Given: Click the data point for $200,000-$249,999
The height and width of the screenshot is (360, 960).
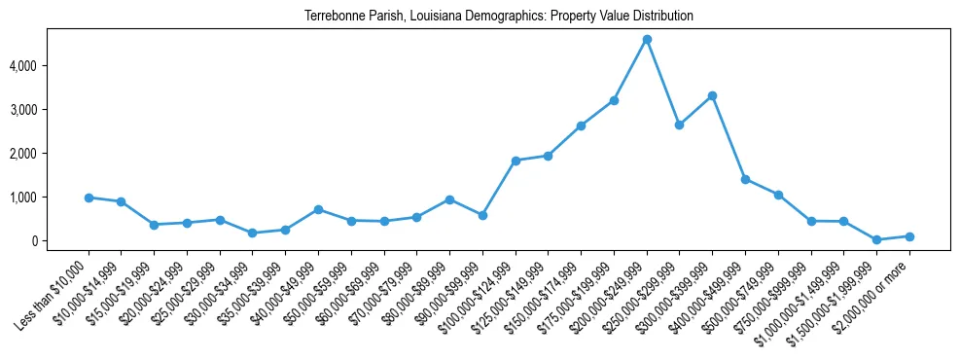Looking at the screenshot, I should (x=647, y=39).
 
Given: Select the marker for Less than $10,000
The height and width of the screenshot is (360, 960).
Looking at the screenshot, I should (x=89, y=198).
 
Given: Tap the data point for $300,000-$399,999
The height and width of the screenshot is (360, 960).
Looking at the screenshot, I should (x=712, y=95).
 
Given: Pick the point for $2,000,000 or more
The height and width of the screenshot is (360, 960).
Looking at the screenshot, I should (x=909, y=236).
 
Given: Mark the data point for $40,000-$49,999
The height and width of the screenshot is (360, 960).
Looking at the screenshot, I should (x=318, y=209).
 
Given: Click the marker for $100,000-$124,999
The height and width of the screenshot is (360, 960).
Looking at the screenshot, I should (x=516, y=161).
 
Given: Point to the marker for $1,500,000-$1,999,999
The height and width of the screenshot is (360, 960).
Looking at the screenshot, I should (x=876, y=239).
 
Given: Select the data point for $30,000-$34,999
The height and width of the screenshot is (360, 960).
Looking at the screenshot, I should (x=253, y=233).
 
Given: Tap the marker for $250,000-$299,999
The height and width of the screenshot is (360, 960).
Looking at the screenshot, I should (x=679, y=125).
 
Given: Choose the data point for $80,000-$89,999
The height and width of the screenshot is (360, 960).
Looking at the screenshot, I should (x=449, y=199).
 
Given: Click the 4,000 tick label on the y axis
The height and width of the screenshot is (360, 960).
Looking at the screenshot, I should (x=50, y=66).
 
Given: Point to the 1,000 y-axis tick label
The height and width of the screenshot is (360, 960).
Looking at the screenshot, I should (x=50, y=198).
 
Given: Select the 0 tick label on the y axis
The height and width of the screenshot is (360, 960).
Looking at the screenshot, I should (x=61, y=241).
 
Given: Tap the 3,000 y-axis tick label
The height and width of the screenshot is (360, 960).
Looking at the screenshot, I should (x=50, y=110).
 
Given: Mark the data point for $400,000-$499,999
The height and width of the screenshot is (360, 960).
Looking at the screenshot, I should (x=745, y=179).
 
